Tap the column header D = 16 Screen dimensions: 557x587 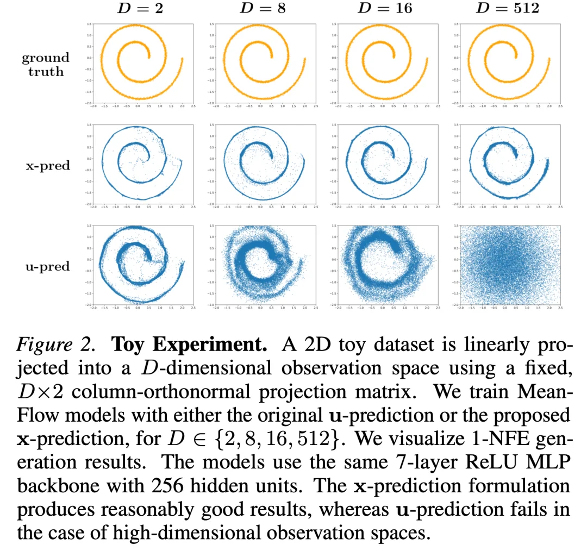pyautogui.click(x=385, y=8)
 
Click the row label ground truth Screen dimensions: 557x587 pyautogui.click(x=46, y=64)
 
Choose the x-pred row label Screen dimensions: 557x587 pyautogui.click(x=48, y=165)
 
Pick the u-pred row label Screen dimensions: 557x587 pyautogui.click(x=48, y=266)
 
